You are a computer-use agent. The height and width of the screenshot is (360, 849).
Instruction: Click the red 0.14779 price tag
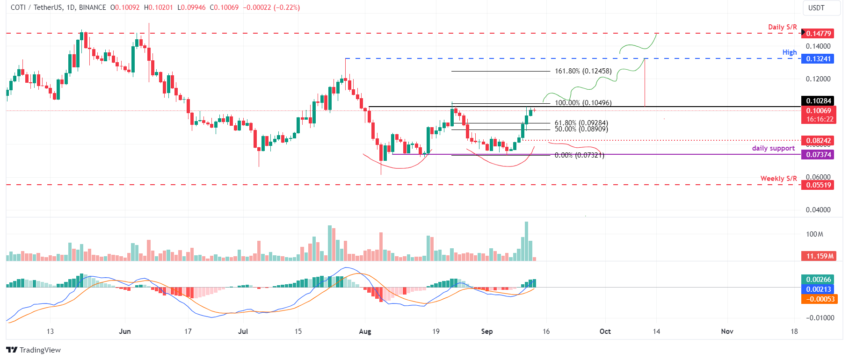click(818, 33)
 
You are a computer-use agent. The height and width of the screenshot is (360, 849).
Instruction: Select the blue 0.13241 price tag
click(818, 58)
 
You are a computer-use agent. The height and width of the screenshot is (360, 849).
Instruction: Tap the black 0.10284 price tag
click(818, 101)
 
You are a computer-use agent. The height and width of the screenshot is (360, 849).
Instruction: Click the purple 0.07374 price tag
click(818, 154)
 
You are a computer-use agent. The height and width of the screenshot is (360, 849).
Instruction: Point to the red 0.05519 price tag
click(818, 185)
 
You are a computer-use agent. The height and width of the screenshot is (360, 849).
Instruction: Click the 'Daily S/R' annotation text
click(782, 27)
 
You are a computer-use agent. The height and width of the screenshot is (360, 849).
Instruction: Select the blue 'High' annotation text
click(789, 52)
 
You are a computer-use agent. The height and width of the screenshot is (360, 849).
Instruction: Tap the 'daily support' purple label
click(773, 148)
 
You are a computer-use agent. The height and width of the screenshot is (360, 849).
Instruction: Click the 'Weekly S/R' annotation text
click(778, 178)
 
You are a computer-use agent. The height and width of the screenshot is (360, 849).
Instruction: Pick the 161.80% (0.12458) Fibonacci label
click(583, 71)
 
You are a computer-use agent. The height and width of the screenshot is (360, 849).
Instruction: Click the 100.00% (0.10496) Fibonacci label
click(583, 103)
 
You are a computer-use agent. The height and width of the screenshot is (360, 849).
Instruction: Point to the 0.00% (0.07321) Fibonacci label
click(579, 155)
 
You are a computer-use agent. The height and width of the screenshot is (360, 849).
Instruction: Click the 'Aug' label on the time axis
click(365, 331)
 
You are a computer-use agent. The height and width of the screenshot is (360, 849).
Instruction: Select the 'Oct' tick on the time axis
click(605, 331)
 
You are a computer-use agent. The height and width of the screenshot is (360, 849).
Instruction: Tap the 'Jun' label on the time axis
click(125, 331)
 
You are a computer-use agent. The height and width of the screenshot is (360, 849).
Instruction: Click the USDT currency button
click(816, 8)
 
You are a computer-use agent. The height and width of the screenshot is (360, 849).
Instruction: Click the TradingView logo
click(34, 350)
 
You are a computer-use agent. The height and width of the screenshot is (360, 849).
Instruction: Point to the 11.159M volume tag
click(818, 256)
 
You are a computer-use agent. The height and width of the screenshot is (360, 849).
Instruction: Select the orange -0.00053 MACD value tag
click(818, 299)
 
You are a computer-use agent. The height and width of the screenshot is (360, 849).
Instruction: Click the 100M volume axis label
click(814, 234)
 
